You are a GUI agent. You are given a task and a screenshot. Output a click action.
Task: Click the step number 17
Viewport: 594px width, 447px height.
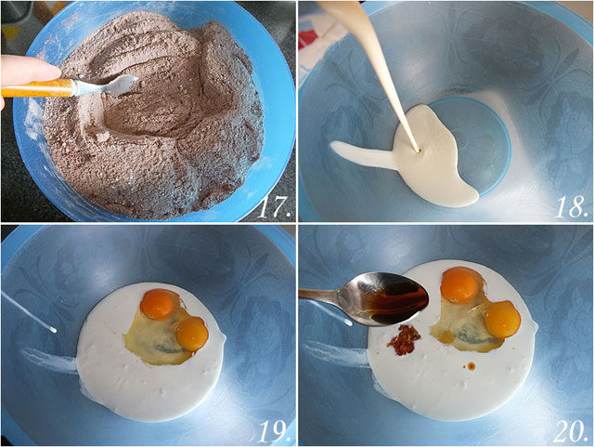tap(274, 207)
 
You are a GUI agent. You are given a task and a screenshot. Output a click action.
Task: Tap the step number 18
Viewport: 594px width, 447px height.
tap(573, 207)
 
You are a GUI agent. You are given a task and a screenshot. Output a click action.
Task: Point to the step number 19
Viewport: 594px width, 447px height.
tap(274, 431)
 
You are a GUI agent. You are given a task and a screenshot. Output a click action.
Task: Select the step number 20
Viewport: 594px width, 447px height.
tap(571, 431)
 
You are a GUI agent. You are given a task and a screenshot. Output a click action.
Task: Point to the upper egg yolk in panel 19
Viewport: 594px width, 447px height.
tap(158, 303)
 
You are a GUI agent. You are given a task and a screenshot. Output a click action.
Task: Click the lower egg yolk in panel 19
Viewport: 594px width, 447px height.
tap(192, 335)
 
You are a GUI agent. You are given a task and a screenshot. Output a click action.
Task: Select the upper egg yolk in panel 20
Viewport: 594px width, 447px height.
tap(459, 285)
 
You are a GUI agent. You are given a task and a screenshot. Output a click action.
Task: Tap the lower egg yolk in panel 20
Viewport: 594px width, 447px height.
tap(503, 319)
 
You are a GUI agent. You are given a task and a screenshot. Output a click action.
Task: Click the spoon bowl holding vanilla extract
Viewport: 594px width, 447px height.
tap(390, 298)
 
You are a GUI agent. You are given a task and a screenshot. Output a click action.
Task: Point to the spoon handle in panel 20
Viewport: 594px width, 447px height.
tap(323, 295)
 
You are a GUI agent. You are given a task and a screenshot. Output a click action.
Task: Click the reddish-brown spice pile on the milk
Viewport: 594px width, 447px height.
tap(404, 339)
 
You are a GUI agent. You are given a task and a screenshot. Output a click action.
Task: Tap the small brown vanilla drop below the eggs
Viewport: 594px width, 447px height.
tap(471, 366)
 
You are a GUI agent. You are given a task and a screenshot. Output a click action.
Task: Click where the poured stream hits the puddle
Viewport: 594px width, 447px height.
tap(419, 151)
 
